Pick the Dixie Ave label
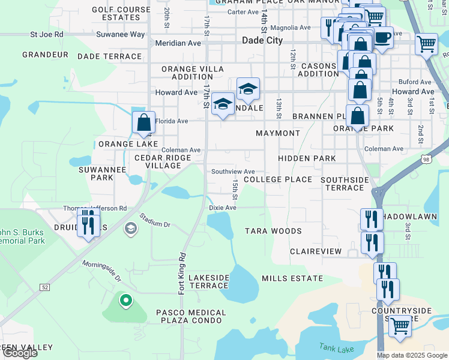point(223,208)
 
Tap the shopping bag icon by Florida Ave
point(144,122)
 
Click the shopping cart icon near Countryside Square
point(400,326)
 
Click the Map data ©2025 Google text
point(412,355)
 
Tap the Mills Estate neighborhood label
point(292,278)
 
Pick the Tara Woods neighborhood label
point(273,231)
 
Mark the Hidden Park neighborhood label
point(307,158)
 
